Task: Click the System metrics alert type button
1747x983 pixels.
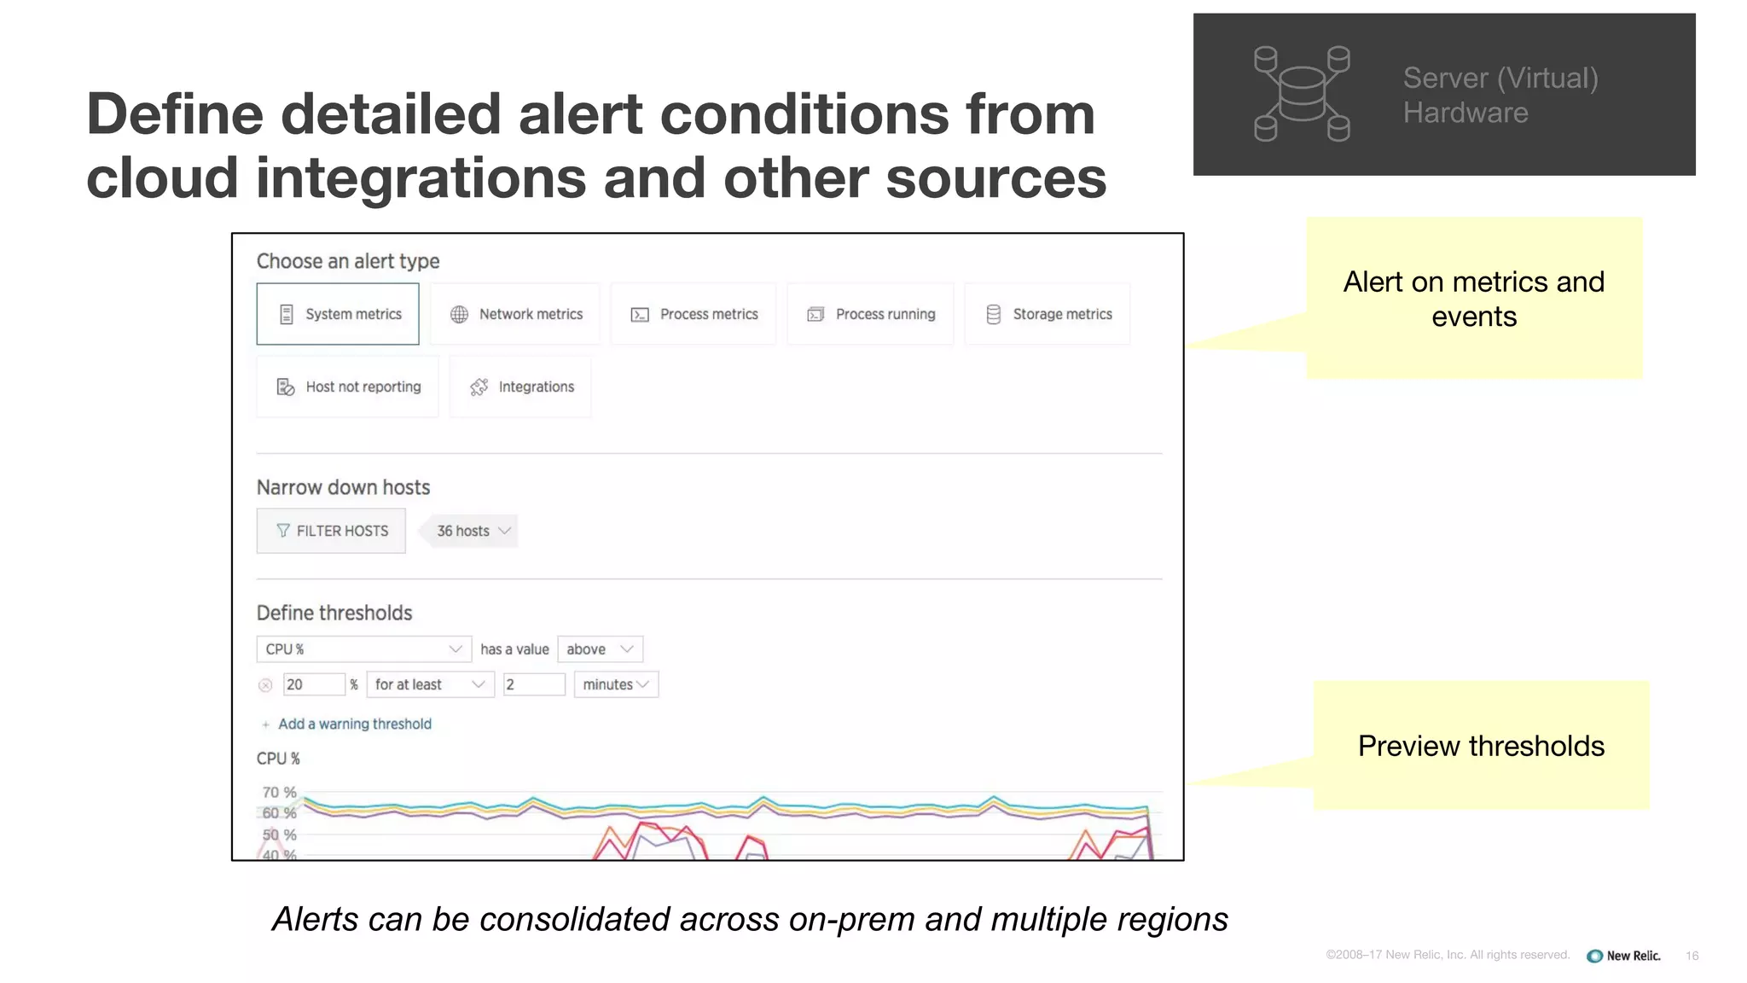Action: tap(338, 314)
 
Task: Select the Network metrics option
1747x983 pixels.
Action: tap(515, 314)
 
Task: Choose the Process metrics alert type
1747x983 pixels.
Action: tap(694, 314)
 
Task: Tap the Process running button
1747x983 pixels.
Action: tap(870, 314)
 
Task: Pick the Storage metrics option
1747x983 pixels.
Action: tap(1048, 314)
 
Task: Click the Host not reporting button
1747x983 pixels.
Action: tap(348, 387)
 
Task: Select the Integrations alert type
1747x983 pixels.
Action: tap(520, 387)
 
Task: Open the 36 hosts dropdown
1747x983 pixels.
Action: tap(473, 531)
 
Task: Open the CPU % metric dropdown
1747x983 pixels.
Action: tap(363, 649)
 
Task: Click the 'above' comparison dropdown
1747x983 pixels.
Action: tap(600, 649)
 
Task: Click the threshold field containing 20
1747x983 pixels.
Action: tap(313, 684)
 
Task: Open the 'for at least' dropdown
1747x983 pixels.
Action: tap(430, 684)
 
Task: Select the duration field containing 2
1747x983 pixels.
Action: tap(534, 684)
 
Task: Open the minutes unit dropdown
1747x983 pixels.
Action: tap(616, 684)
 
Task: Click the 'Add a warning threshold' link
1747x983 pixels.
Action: tap(354, 724)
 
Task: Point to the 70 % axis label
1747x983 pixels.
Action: tap(279, 792)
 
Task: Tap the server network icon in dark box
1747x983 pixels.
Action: tap(1302, 94)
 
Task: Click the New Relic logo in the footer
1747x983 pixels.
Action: tap(1623, 956)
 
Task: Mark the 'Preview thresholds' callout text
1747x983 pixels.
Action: tap(1481, 746)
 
